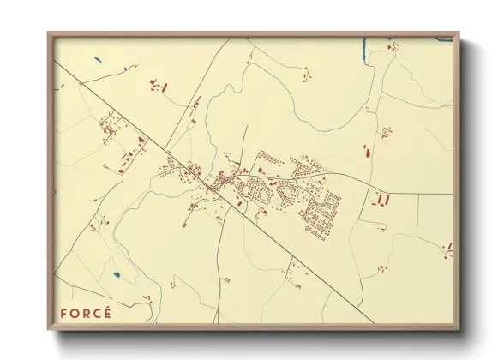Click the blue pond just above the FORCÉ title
click(117, 275)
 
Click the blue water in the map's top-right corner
click(444, 39)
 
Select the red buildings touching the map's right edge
click(447, 249)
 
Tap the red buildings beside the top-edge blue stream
click(391, 45)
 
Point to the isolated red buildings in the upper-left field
click(159, 86)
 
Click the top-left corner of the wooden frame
click(48, 33)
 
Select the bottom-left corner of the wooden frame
click(48, 330)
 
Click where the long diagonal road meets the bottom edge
click(375, 323)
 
